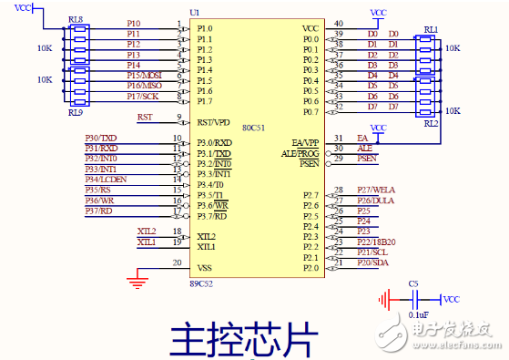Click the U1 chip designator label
tap(194, 13)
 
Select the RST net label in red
tap(145, 117)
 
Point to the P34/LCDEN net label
tap(106, 180)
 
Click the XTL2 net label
tap(146, 231)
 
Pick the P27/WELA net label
tap(374, 190)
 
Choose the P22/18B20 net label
tap(375, 241)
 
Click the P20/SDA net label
tap(372, 262)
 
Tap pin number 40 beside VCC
tap(339, 23)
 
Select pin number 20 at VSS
tap(177, 262)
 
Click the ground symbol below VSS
tap(137, 283)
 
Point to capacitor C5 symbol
tap(414, 298)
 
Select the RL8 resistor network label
tap(76, 18)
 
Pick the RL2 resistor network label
tap(432, 122)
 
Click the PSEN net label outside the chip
tap(367, 159)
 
